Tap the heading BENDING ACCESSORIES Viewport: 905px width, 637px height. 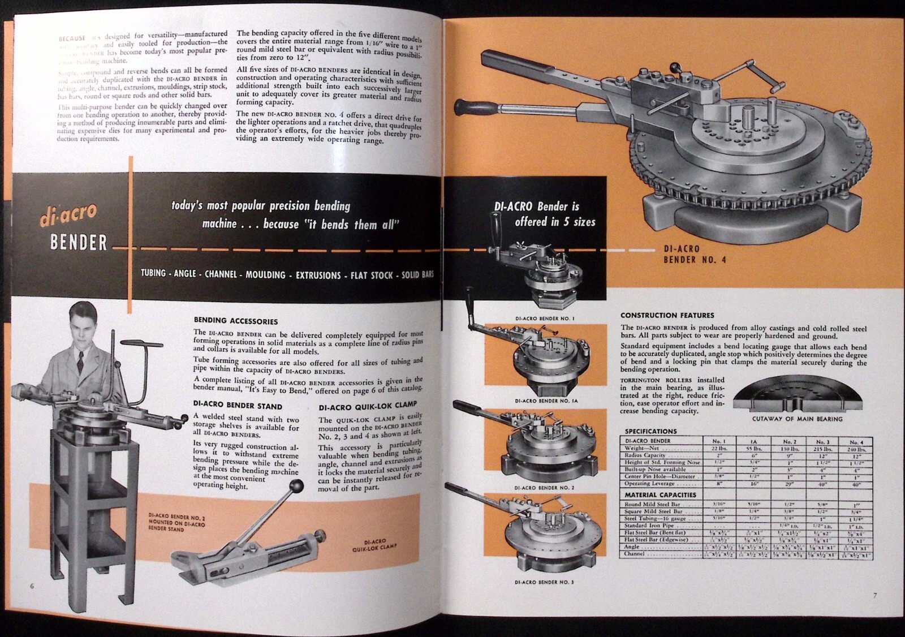236,321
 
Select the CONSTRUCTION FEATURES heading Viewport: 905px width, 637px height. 667,315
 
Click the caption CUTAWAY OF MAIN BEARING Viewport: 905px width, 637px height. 797,419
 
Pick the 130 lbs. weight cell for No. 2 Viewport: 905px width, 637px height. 789,448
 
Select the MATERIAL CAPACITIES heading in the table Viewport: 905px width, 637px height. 660,494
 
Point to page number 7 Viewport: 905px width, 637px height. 874,595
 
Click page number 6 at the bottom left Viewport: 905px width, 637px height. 32,586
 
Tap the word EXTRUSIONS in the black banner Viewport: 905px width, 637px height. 318,275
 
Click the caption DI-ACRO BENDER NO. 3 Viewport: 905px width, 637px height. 544,582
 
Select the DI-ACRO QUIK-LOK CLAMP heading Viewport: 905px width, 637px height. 368,406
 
